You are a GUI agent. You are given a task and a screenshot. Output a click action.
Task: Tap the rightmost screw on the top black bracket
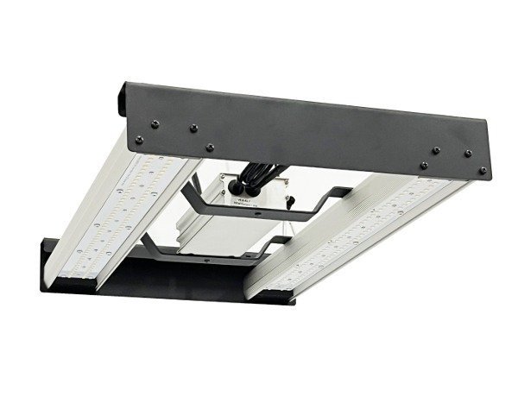pyautogui.click(x=483, y=169)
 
